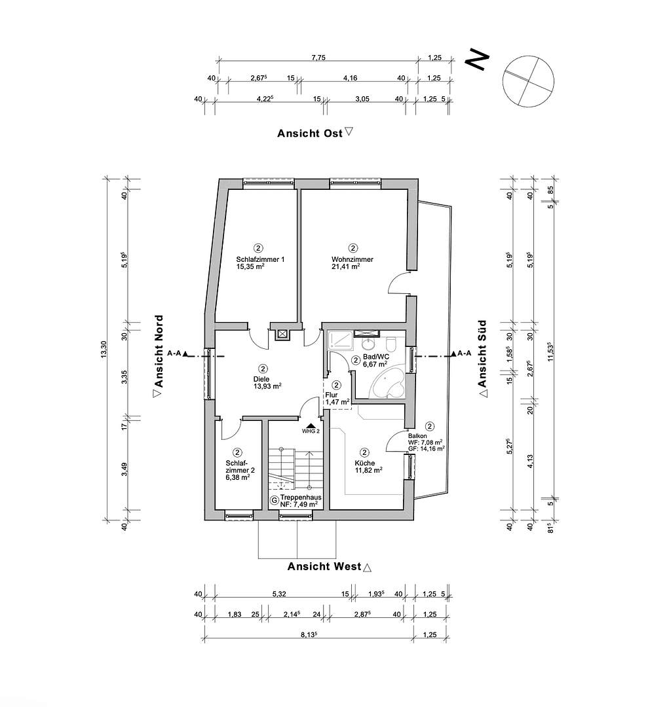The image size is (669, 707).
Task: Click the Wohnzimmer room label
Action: point(353,260)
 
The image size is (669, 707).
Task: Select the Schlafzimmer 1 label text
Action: point(260,260)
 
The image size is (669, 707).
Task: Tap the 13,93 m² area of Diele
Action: point(267,387)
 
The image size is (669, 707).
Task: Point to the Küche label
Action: point(365,462)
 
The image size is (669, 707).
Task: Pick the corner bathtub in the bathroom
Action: point(389,382)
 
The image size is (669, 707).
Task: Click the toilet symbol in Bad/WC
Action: point(392,345)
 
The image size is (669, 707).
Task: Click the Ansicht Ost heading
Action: point(310,133)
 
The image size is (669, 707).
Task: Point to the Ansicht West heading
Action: point(324,566)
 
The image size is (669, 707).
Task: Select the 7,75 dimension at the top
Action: point(318,58)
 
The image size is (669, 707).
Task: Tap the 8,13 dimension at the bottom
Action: point(309,634)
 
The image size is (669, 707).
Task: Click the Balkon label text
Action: point(417,435)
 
